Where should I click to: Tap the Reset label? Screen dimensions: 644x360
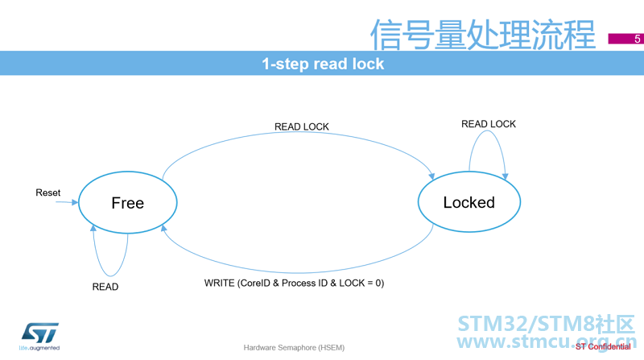tap(48, 192)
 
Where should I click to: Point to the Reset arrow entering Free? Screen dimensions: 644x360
tap(67, 202)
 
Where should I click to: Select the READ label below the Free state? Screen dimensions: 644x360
tap(105, 287)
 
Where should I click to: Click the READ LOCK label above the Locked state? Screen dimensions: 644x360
tap(489, 124)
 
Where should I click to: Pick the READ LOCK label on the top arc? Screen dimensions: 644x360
tap(301, 126)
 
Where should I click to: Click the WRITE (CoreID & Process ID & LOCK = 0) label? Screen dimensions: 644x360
tap(294, 283)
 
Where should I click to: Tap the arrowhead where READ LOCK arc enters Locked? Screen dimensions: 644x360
tap(431, 176)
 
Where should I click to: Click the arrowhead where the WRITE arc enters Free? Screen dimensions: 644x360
tap(163, 228)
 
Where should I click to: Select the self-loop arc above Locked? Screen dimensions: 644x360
tap(488, 132)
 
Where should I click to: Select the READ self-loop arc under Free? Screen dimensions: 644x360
tap(110, 275)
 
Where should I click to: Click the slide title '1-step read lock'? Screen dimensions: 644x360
tap(323, 64)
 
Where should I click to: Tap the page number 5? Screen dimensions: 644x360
tap(637, 39)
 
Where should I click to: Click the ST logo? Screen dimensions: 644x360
tap(39, 333)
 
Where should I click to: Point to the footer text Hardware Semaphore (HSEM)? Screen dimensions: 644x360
tap(294, 348)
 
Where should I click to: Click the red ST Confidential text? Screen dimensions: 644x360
tap(603, 347)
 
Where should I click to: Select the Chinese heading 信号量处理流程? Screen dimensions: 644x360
tap(482, 35)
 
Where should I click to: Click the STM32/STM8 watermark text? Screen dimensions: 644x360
tap(547, 324)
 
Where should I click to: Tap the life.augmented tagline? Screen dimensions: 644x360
tap(39, 348)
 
